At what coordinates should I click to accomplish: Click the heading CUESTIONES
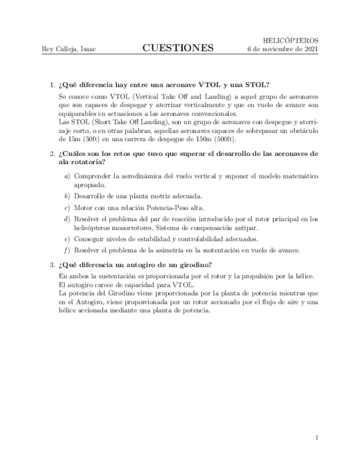178,48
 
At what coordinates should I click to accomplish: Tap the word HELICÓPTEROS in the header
291,41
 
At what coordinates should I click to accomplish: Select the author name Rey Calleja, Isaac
69,49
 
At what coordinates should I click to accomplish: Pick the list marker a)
67,176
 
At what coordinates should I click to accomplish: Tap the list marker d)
67,219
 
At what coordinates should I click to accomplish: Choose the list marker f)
67,250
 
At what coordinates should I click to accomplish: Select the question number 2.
52,154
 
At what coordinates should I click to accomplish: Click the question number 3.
52,265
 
